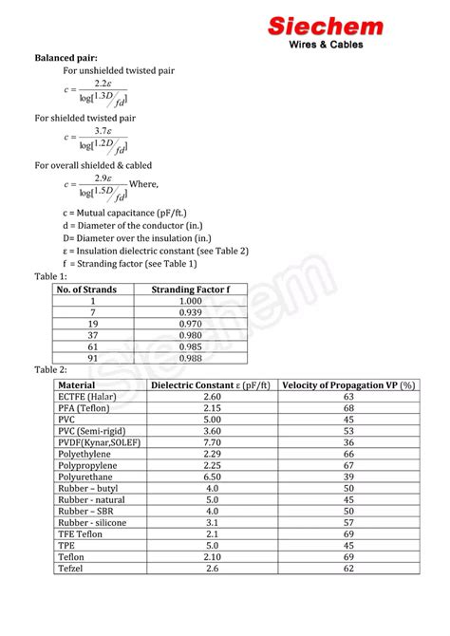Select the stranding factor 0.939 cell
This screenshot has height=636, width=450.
point(191,312)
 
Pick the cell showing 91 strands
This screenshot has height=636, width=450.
point(92,358)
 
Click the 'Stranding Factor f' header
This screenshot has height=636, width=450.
point(191,289)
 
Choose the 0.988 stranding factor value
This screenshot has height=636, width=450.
point(191,358)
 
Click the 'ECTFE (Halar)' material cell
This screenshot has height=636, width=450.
point(87,396)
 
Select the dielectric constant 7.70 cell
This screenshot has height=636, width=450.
point(212,441)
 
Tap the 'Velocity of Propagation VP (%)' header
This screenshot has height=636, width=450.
point(348,384)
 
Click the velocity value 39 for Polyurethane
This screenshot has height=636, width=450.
point(348,477)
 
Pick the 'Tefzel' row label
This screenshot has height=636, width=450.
point(72,568)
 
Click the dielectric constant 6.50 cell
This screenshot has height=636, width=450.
point(212,477)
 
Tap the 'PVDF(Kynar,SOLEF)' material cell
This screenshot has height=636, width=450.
point(101,441)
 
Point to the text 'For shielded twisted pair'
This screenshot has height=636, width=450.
point(85,118)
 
